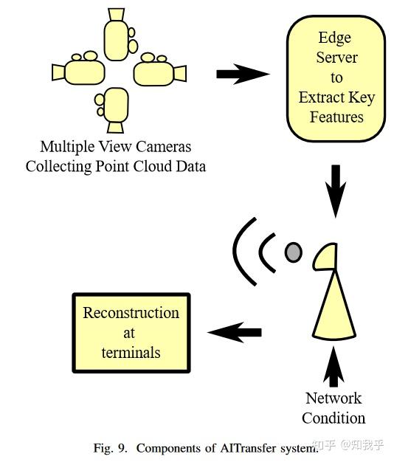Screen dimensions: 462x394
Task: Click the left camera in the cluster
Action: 81,70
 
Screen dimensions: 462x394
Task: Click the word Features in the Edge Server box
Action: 336,117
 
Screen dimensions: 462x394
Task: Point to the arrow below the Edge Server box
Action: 336,190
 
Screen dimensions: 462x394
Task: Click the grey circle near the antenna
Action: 294,252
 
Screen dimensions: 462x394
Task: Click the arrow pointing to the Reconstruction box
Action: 235,332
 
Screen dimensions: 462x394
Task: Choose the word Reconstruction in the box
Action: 131,312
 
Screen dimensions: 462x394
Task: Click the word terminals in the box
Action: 131,352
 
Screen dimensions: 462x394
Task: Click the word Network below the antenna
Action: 333,398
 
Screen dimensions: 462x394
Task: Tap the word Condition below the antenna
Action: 333,418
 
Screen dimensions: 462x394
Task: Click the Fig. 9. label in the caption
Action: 111,448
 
